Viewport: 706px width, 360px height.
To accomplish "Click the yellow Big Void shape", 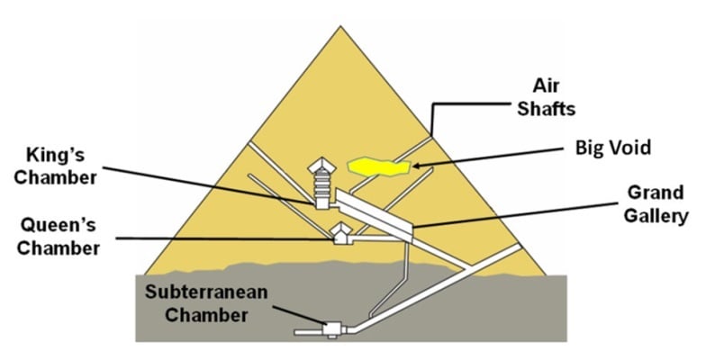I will pyautogui.click(x=376, y=165).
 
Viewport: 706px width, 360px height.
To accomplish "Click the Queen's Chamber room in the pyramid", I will pyautogui.click(x=340, y=235).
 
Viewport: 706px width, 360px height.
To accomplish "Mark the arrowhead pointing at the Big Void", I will pyautogui.click(x=413, y=165).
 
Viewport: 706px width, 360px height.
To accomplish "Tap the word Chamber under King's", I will pyautogui.click(x=58, y=177).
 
